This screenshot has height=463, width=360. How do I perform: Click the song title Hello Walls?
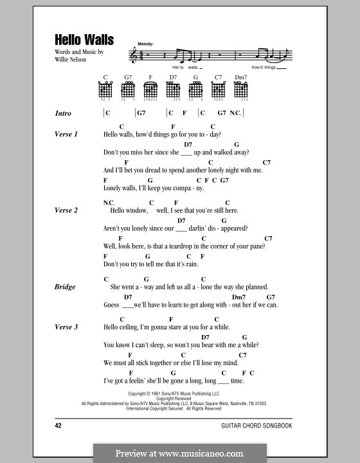click(x=84, y=40)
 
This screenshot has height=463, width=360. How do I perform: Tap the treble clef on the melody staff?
click(x=133, y=57)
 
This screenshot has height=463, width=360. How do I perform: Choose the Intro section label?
click(x=63, y=113)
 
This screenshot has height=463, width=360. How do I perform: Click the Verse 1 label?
click(x=66, y=134)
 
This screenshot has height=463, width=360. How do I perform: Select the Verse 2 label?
click(x=66, y=210)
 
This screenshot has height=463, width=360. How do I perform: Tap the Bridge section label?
click(x=65, y=287)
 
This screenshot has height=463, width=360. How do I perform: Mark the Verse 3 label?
click(x=66, y=327)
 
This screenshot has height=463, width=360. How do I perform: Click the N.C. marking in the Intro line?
click(x=235, y=113)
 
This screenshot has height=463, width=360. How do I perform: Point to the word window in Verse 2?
click(x=136, y=210)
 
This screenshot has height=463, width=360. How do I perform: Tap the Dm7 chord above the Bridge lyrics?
click(x=239, y=297)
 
